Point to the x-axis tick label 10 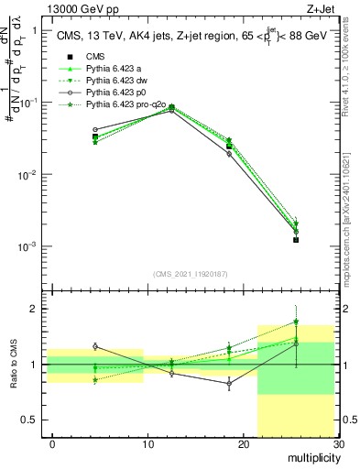pyautogui.click(x=147, y=444)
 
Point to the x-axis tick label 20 pyautogui.click(x=243, y=444)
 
